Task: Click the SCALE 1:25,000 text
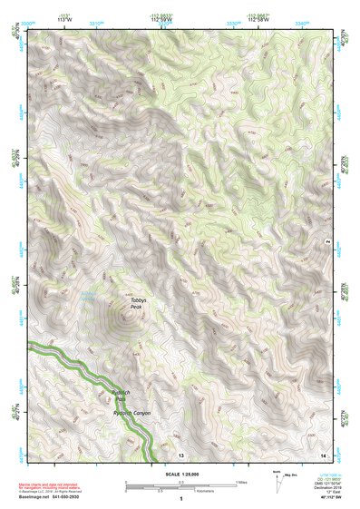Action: (x=181, y=475)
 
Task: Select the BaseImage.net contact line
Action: (x=62, y=497)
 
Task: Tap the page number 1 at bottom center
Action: (x=181, y=501)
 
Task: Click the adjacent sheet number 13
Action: (x=180, y=454)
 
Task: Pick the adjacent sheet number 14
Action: (x=324, y=454)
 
